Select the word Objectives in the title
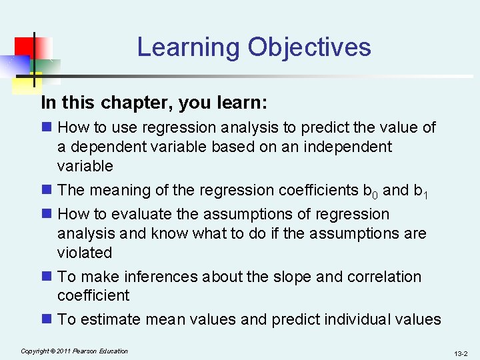tap(309, 48)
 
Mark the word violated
tap(85, 253)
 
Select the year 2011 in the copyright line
tap(65, 351)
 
